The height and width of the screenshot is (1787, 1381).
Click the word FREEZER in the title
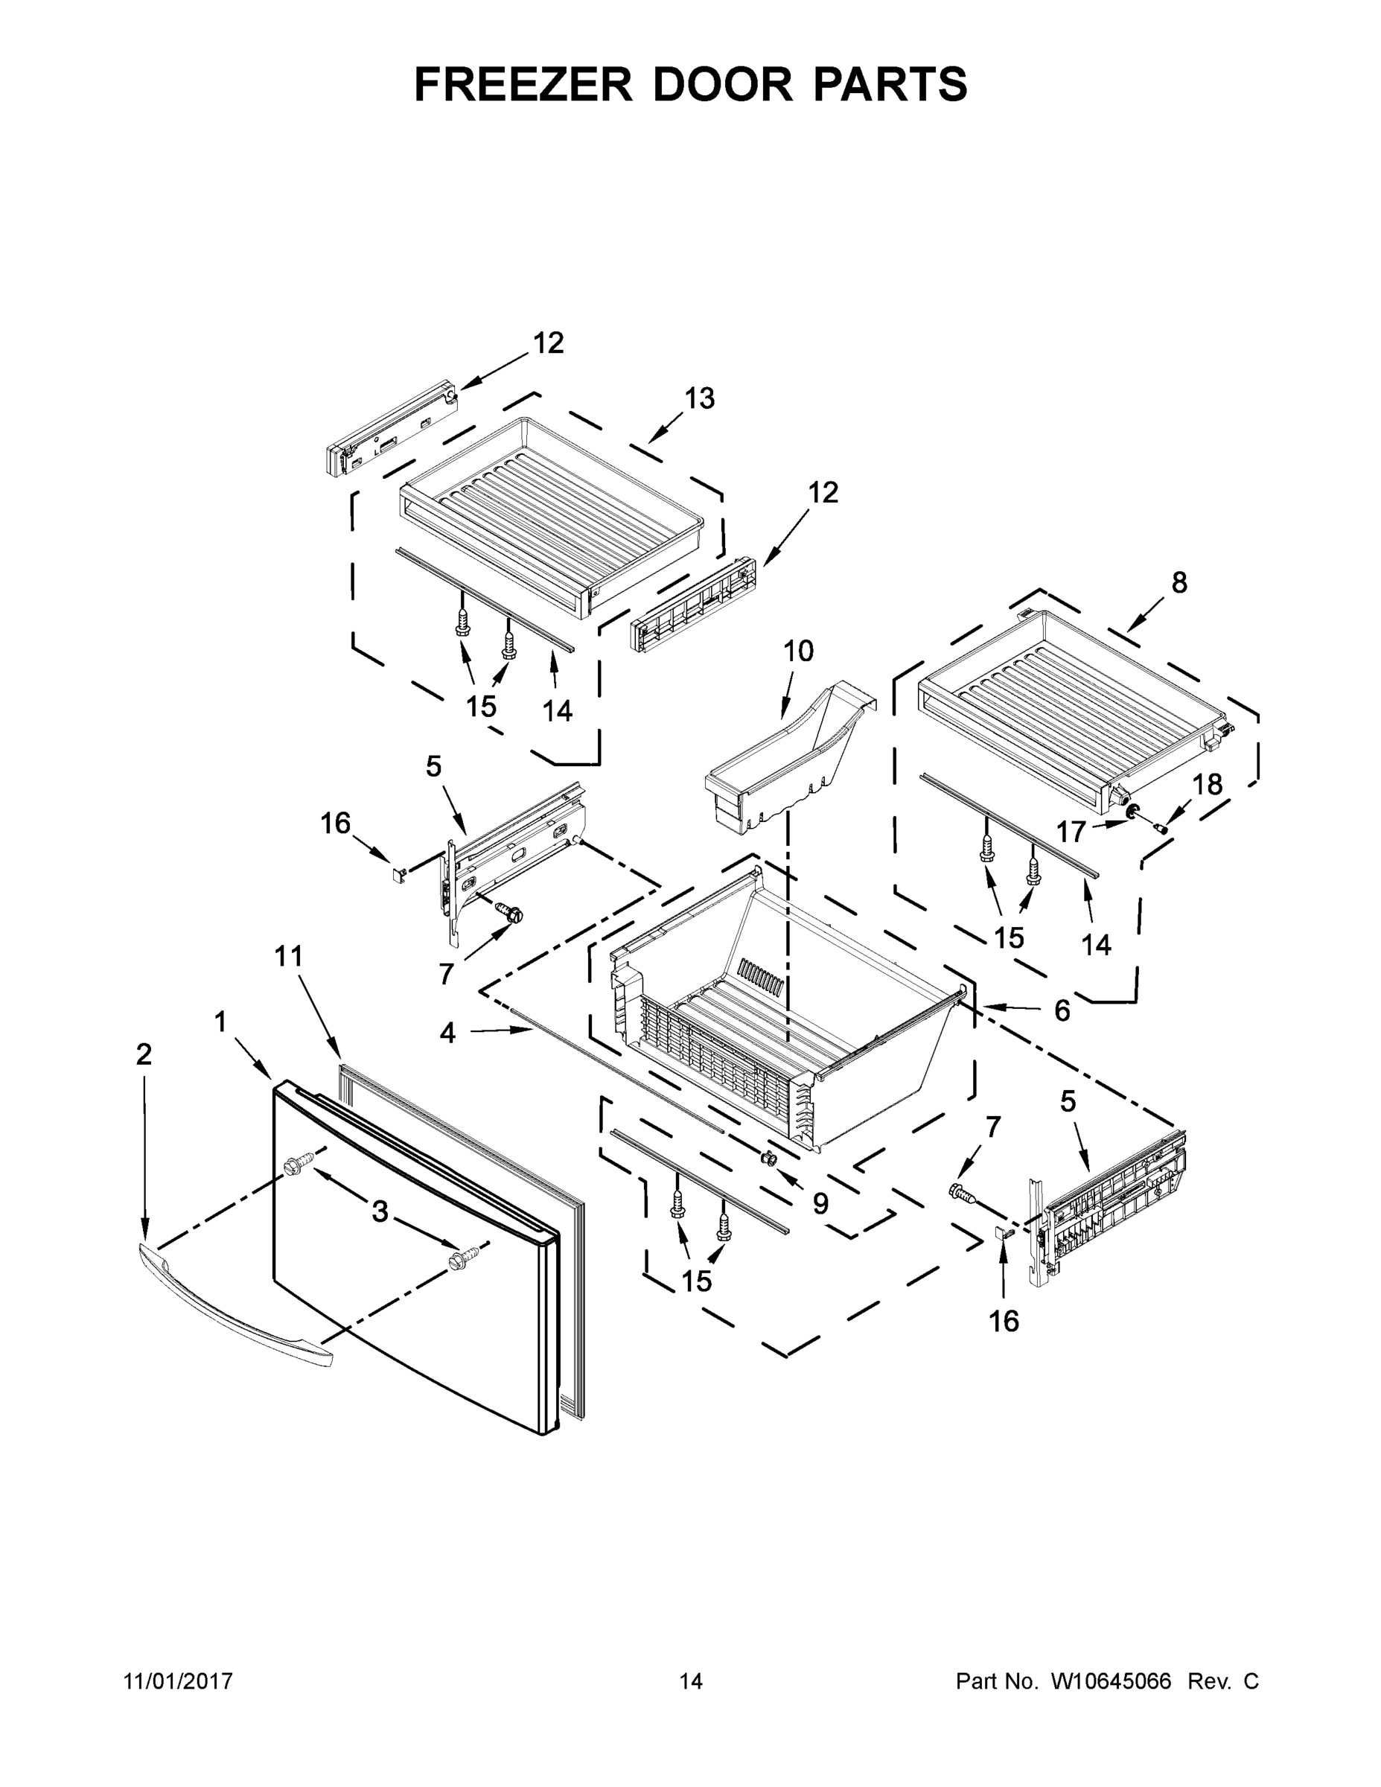523,84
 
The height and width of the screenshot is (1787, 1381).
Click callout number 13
700,398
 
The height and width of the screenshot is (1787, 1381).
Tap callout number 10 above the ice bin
799,652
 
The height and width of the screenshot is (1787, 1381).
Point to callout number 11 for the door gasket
288,956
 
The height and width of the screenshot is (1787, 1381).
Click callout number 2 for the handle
143,1054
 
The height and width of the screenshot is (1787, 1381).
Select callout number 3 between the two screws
380,1211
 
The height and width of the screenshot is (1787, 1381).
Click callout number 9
820,1203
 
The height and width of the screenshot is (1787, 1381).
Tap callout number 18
1207,785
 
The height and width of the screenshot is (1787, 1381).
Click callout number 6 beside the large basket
1062,1011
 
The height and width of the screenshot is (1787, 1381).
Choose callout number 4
447,1033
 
